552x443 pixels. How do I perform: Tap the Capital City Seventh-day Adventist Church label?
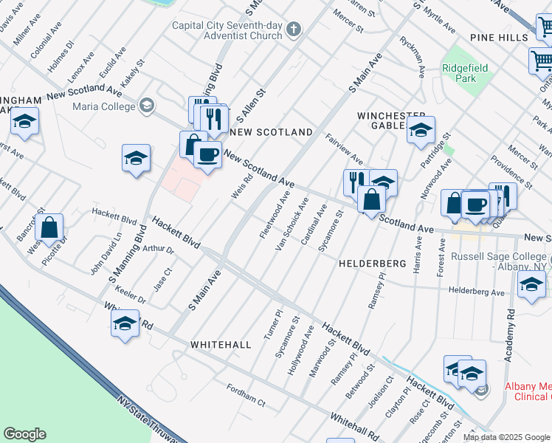227,30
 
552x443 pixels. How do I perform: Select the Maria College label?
104,106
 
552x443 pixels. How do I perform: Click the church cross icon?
294,30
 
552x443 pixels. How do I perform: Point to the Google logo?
24,434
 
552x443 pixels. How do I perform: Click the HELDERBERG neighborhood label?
373,264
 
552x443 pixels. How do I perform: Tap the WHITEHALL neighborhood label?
221,345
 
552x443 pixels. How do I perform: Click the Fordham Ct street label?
245,396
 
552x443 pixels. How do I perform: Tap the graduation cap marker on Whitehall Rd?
125,323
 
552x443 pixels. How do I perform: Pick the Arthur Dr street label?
158,250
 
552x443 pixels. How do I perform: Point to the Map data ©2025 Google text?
507,437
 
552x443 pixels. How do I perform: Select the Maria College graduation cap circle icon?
146,106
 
